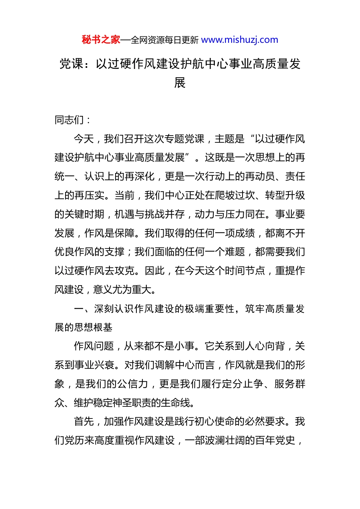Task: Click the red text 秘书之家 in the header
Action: pos(101,40)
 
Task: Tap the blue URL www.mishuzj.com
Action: pos(239,40)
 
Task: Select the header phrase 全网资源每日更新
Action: pos(164,40)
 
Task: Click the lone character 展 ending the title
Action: pos(180,83)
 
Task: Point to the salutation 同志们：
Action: pos(73,120)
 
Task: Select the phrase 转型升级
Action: pos(285,195)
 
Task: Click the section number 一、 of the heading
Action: pos(83,309)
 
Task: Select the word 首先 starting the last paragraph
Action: pos(84,422)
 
